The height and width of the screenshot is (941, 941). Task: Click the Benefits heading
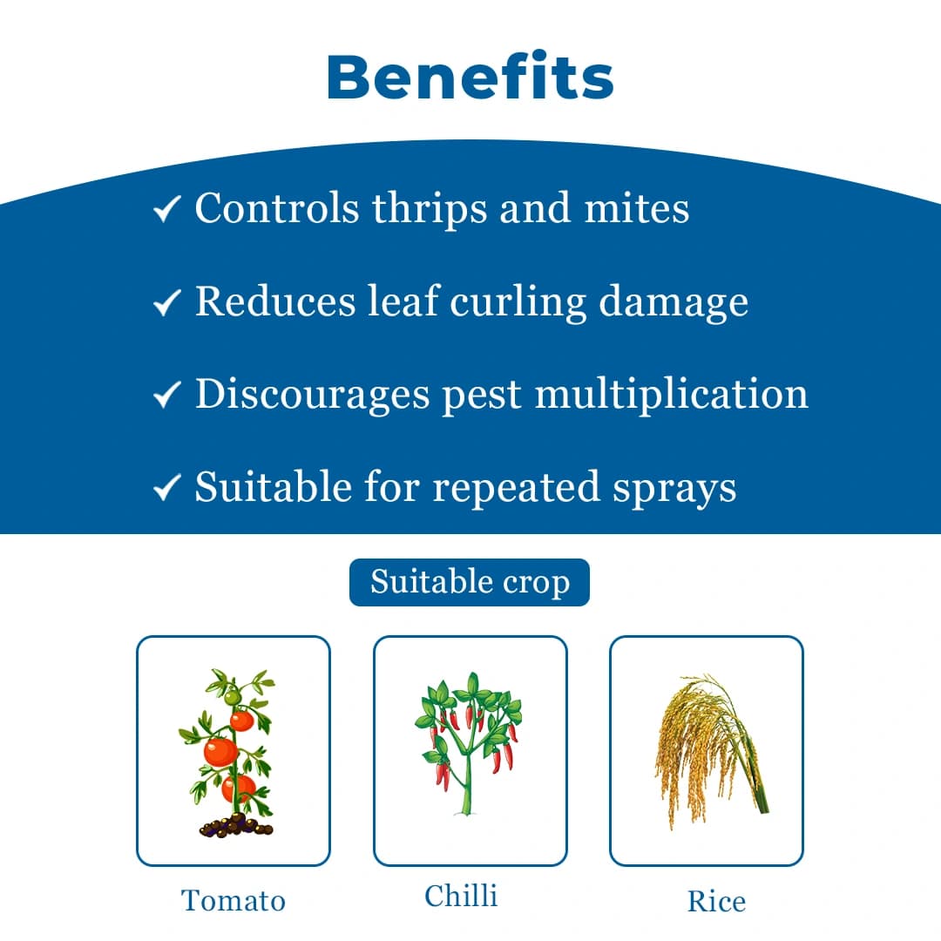point(470,77)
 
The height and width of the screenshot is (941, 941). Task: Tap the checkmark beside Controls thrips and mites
point(166,209)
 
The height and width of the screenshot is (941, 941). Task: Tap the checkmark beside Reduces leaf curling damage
point(166,302)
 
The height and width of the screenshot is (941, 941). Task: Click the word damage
point(674,302)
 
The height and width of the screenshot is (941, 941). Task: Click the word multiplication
point(672,395)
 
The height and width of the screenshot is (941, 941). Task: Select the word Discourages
point(312,395)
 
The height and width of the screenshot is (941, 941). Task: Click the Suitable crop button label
point(470,582)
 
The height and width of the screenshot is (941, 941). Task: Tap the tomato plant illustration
point(233,751)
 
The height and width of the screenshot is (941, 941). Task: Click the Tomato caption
point(233,900)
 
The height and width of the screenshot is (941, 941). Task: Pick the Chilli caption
point(461,896)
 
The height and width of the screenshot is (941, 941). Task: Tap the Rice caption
point(716,901)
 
